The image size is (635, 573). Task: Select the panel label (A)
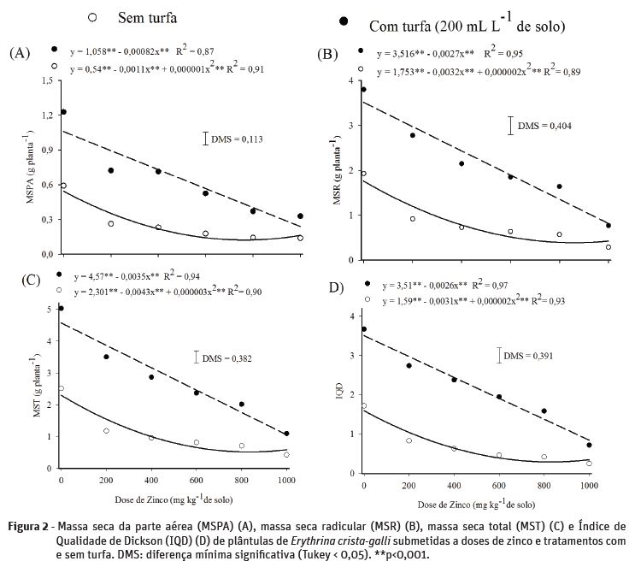pyautogui.click(x=20, y=53)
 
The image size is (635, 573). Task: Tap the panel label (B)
pyautogui.click(x=327, y=54)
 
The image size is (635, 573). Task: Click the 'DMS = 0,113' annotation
pyautogui.click(x=238, y=139)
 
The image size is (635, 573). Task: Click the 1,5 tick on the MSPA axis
pyautogui.click(x=46, y=80)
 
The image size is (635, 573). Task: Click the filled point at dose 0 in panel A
pyautogui.click(x=63, y=112)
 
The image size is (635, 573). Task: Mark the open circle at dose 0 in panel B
pyautogui.click(x=363, y=174)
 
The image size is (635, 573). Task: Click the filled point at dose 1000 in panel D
pyautogui.click(x=589, y=445)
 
